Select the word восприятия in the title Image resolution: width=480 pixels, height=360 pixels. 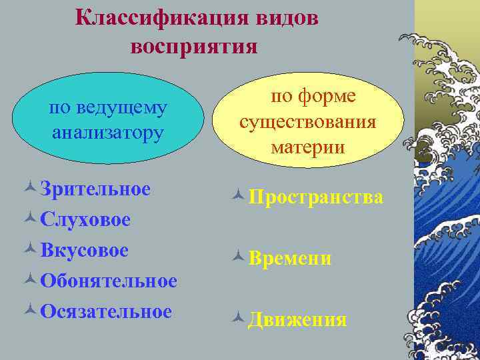(194, 47)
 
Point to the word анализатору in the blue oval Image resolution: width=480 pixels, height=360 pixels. (108, 131)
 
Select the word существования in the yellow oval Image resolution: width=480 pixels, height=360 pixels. (308, 122)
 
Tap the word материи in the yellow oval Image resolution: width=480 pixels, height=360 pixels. (308, 146)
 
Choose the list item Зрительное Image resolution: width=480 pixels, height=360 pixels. (95, 189)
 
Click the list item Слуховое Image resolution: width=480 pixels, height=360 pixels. (85, 219)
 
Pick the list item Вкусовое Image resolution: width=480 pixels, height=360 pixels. (84, 250)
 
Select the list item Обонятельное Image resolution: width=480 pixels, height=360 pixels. (108, 281)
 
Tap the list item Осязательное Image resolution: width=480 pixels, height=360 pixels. (105, 311)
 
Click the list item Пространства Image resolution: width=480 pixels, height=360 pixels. (316, 197)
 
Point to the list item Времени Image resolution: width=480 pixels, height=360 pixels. (290, 259)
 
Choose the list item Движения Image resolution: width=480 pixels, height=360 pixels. (297, 320)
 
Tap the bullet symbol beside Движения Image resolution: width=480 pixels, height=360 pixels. (239, 321)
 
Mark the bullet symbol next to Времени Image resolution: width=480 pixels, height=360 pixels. (239, 259)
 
